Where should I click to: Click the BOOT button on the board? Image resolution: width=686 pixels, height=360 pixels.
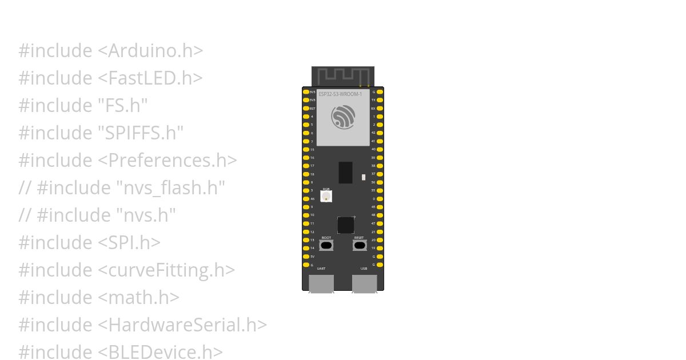326,246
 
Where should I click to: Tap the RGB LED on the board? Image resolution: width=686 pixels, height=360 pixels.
326,197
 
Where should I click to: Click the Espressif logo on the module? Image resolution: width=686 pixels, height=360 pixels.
343,117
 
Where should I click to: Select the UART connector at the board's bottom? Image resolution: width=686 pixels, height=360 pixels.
321,283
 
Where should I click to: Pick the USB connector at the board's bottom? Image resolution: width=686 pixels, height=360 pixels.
364,283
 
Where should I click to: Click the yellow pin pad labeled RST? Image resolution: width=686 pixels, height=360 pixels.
306,108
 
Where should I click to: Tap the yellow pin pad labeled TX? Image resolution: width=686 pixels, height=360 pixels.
380,100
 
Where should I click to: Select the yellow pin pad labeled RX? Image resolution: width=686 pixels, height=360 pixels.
380,108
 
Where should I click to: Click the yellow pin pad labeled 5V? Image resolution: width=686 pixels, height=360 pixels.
306,257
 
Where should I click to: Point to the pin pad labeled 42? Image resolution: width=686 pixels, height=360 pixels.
380,133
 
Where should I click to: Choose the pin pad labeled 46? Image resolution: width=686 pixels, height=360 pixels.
306,199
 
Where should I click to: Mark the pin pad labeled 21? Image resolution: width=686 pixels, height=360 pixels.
380,232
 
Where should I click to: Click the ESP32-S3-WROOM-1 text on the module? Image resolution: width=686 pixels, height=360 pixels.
340,94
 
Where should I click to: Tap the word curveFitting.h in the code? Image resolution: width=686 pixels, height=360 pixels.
166,270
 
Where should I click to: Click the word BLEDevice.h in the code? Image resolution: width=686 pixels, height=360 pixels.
160,352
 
